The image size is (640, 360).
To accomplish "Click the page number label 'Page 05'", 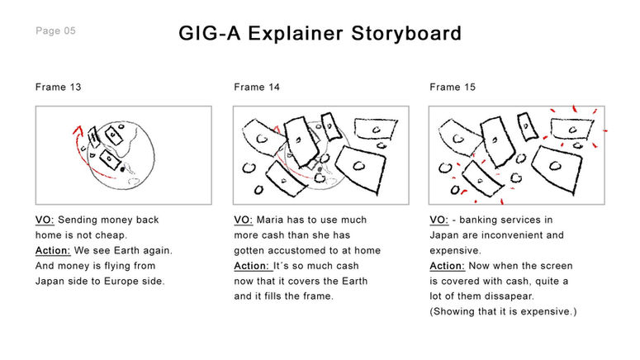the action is [56, 31].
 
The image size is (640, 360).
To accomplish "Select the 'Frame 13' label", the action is [59, 87].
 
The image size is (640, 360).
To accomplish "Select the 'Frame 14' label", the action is [257, 87].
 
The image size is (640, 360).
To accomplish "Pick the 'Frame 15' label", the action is [453, 87].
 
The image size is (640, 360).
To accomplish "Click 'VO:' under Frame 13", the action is [45, 220].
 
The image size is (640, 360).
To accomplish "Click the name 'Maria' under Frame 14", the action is [273, 220].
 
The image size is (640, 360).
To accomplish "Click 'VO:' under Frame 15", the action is [439, 220].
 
